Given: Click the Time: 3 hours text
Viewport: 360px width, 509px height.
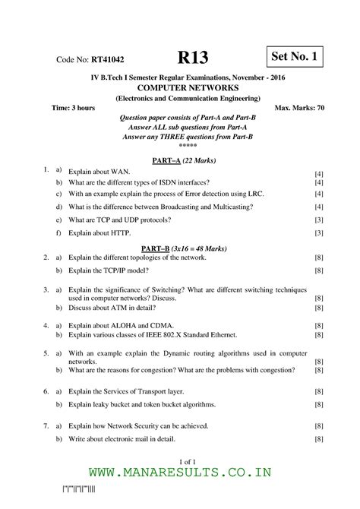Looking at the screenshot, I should (x=73, y=109).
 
